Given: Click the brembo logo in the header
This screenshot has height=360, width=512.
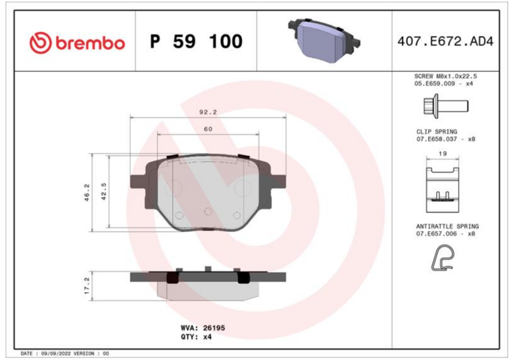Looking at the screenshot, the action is click(x=77, y=42).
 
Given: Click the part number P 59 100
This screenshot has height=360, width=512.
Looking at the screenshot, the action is click(x=196, y=42).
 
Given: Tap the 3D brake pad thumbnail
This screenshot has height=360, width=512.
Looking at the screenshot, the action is click(x=324, y=40).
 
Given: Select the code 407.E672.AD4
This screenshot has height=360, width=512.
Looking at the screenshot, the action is click(x=445, y=42).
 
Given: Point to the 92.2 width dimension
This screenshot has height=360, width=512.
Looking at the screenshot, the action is click(x=208, y=112).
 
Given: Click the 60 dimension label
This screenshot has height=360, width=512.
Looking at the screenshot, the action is click(x=208, y=129).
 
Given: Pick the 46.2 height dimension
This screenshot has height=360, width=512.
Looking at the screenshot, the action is click(x=87, y=192).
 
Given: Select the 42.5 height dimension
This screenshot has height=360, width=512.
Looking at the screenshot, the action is click(x=104, y=191).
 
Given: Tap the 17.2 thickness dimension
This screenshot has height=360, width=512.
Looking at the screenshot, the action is click(x=87, y=286).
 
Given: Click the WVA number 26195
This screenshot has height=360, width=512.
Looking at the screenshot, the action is click(x=214, y=328).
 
